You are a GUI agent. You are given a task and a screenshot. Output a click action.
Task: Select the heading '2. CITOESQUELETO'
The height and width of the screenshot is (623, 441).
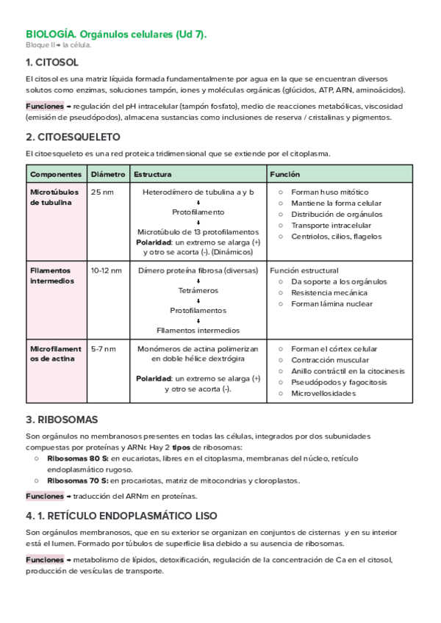(73, 137)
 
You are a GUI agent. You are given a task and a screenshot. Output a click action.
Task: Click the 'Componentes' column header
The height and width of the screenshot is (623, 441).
(56, 175)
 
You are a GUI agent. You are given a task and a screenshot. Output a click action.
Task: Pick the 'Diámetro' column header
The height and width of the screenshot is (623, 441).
(107, 175)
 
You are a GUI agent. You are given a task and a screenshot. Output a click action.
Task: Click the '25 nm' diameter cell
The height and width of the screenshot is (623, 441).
(102, 192)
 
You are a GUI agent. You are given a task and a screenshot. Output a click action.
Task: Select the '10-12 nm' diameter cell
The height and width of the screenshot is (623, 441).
(107, 270)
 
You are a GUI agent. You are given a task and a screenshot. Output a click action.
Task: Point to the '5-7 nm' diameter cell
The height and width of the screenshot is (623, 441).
(104, 349)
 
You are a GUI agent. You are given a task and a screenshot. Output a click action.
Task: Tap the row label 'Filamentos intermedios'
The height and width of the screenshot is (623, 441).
(52, 276)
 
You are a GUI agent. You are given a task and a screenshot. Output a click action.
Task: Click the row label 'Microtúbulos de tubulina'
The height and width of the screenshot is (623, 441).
(51, 197)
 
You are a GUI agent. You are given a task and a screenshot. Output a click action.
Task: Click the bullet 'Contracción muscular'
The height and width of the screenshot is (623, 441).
(330, 360)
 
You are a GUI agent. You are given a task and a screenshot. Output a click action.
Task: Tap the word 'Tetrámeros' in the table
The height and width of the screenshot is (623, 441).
(198, 290)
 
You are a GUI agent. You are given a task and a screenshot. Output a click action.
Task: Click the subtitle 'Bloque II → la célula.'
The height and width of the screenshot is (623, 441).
(58, 45)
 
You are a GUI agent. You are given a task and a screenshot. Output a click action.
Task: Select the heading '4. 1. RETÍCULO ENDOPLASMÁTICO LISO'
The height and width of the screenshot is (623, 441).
(121, 516)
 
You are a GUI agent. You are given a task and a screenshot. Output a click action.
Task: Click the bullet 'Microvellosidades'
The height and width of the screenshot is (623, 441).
(323, 393)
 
